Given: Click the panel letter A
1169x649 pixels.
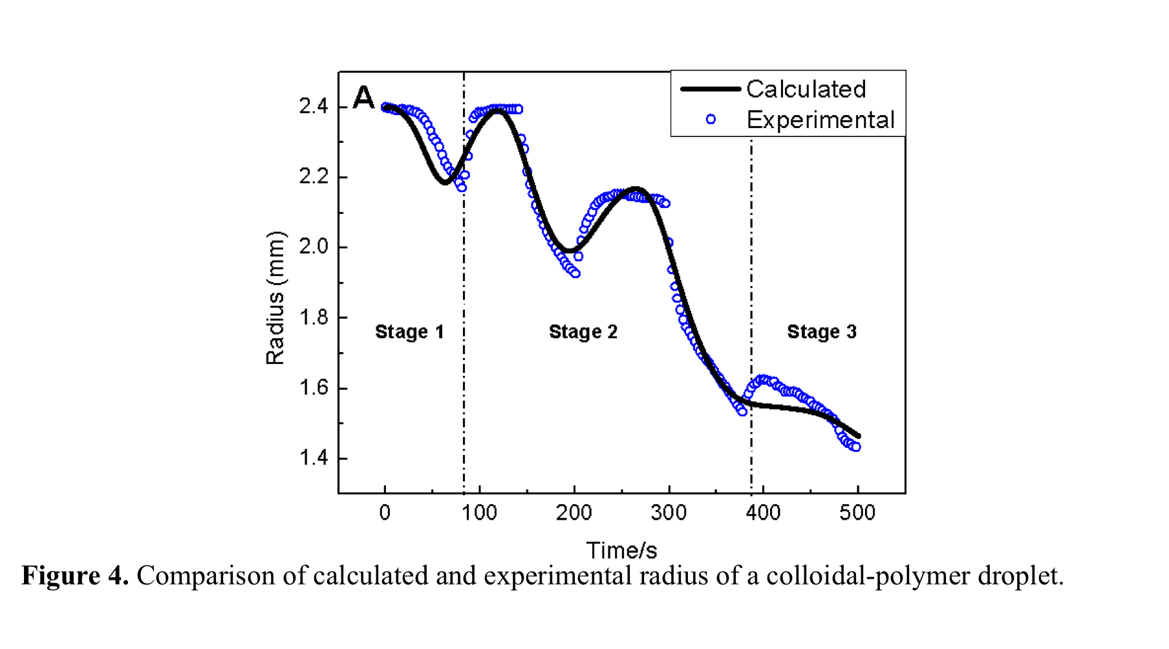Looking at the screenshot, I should [364, 98].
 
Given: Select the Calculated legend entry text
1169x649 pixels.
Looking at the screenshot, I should [806, 89].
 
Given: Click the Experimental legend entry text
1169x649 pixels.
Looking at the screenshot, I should [820, 120].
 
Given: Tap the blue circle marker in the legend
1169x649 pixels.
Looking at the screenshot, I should [711, 119].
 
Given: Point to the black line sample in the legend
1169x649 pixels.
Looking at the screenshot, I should [710, 89].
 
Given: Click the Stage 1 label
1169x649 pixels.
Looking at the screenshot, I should [409, 332].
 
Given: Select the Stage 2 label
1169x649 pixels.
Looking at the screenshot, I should [583, 332].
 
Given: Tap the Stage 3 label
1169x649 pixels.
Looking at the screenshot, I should [821, 332].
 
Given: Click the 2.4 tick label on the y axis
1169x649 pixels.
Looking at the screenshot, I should [314, 107].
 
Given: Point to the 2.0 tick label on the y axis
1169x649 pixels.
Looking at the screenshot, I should [314, 248].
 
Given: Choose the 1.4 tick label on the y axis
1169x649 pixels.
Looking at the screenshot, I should [314, 459].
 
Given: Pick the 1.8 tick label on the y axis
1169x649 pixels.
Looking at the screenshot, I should [314, 318].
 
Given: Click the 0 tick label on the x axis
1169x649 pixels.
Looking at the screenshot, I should [385, 513].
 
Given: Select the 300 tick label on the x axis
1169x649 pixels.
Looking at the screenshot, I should [669, 513].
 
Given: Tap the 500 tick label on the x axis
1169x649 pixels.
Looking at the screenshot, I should [857, 513].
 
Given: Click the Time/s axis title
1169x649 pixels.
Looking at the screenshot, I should [621, 551].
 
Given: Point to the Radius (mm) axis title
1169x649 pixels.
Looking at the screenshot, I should [275, 298].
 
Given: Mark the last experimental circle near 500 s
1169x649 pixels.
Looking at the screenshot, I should [856, 447].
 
